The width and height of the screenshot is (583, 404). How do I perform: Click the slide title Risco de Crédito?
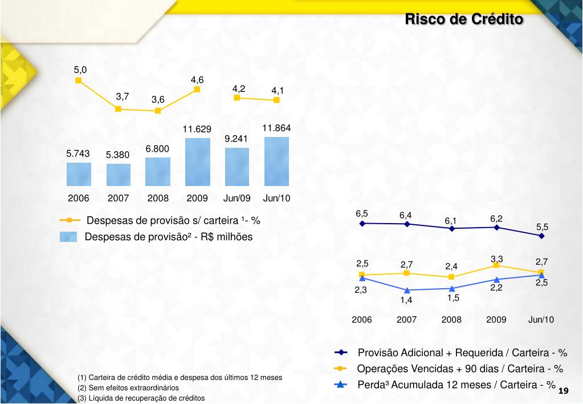click(463, 19)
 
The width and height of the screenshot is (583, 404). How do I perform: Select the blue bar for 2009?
click(197, 162)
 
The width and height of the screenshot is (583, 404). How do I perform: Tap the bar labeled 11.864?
click(276, 161)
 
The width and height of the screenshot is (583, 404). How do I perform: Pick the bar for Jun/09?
click(237, 167)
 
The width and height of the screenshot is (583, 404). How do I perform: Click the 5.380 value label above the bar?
click(117, 155)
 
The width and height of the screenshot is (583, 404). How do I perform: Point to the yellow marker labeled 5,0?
click(79, 80)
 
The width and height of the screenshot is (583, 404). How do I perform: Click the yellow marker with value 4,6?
click(197, 89)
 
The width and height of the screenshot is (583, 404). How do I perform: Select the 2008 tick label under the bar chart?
click(158, 199)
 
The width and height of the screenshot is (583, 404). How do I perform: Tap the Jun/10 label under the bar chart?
click(276, 199)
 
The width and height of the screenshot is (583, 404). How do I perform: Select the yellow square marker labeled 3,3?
click(496, 265)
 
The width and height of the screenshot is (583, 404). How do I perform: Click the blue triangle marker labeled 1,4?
click(406, 290)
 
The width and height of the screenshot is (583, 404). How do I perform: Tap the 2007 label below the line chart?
click(406, 320)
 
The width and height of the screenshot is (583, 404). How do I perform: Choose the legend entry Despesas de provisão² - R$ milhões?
click(168, 237)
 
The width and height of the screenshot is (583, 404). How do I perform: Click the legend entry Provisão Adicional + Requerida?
click(462, 353)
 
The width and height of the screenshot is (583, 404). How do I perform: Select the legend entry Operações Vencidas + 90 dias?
click(459, 369)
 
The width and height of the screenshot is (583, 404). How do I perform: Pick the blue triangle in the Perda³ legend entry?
click(341, 385)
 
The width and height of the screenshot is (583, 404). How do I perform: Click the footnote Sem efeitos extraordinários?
click(128, 387)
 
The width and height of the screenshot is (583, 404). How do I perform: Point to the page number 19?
click(564, 391)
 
